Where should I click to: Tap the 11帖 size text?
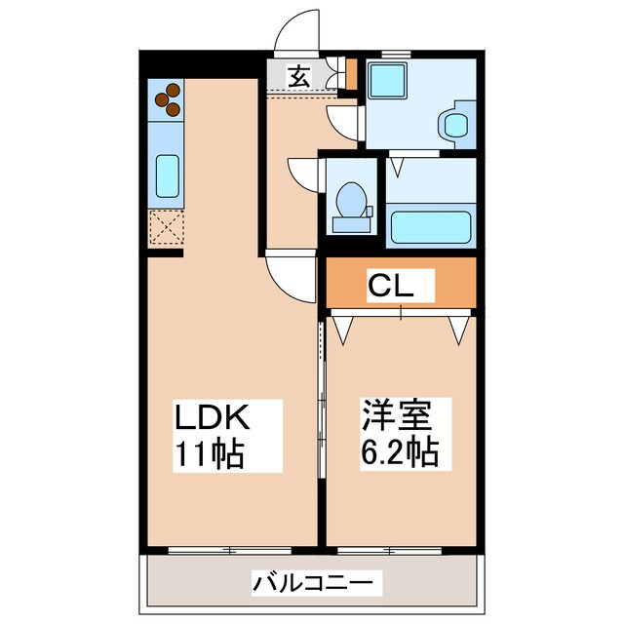(209, 453)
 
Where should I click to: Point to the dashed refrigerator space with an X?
(167, 230)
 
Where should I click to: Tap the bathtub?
(431, 228)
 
